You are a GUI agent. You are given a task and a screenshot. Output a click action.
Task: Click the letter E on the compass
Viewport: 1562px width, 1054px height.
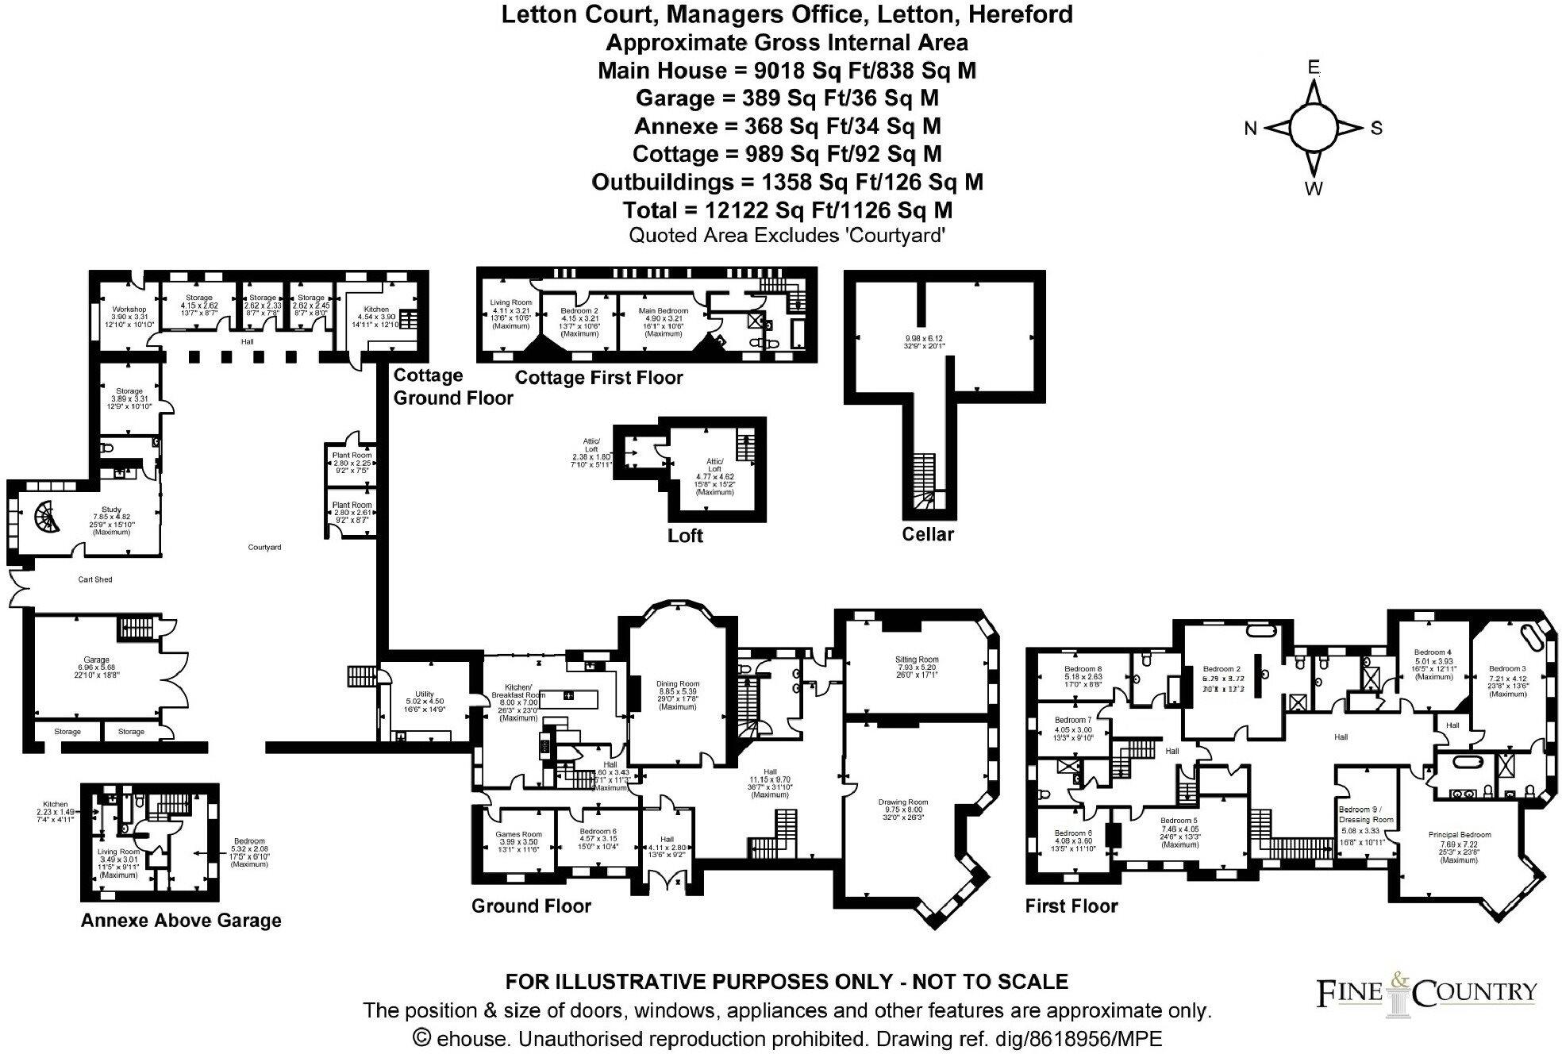(x=1314, y=67)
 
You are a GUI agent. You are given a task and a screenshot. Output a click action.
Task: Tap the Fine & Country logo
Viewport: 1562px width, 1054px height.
(x=1427, y=993)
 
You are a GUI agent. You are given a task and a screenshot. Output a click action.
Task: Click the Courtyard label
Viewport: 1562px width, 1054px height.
(x=264, y=548)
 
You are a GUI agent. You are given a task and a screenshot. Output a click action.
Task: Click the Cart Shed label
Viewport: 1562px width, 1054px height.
(x=95, y=579)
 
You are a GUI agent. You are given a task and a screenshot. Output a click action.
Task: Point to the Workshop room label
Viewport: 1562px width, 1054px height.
(x=129, y=309)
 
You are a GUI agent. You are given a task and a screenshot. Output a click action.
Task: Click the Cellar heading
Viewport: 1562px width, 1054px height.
(x=927, y=534)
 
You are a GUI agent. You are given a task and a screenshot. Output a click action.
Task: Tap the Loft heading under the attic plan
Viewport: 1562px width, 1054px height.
(x=685, y=536)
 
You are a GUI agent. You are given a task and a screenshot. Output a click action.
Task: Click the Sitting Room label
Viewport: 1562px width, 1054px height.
(x=917, y=660)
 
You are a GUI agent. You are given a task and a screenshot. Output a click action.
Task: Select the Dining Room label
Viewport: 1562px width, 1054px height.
(x=677, y=684)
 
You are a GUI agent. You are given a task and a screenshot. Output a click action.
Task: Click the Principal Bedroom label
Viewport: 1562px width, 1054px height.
(x=1459, y=835)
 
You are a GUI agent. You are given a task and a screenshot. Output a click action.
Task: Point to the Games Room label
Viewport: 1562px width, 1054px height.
(x=517, y=834)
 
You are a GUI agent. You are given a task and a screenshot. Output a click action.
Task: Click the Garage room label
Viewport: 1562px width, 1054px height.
(x=96, y=660)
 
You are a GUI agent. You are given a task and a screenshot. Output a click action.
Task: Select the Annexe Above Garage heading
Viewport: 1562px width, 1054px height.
(x=181, y=921)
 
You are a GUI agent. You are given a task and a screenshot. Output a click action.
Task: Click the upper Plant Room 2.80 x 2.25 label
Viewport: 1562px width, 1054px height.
(x=352, y=456)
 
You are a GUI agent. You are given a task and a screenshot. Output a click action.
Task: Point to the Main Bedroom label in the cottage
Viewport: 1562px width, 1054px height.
(x=663, y=311)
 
